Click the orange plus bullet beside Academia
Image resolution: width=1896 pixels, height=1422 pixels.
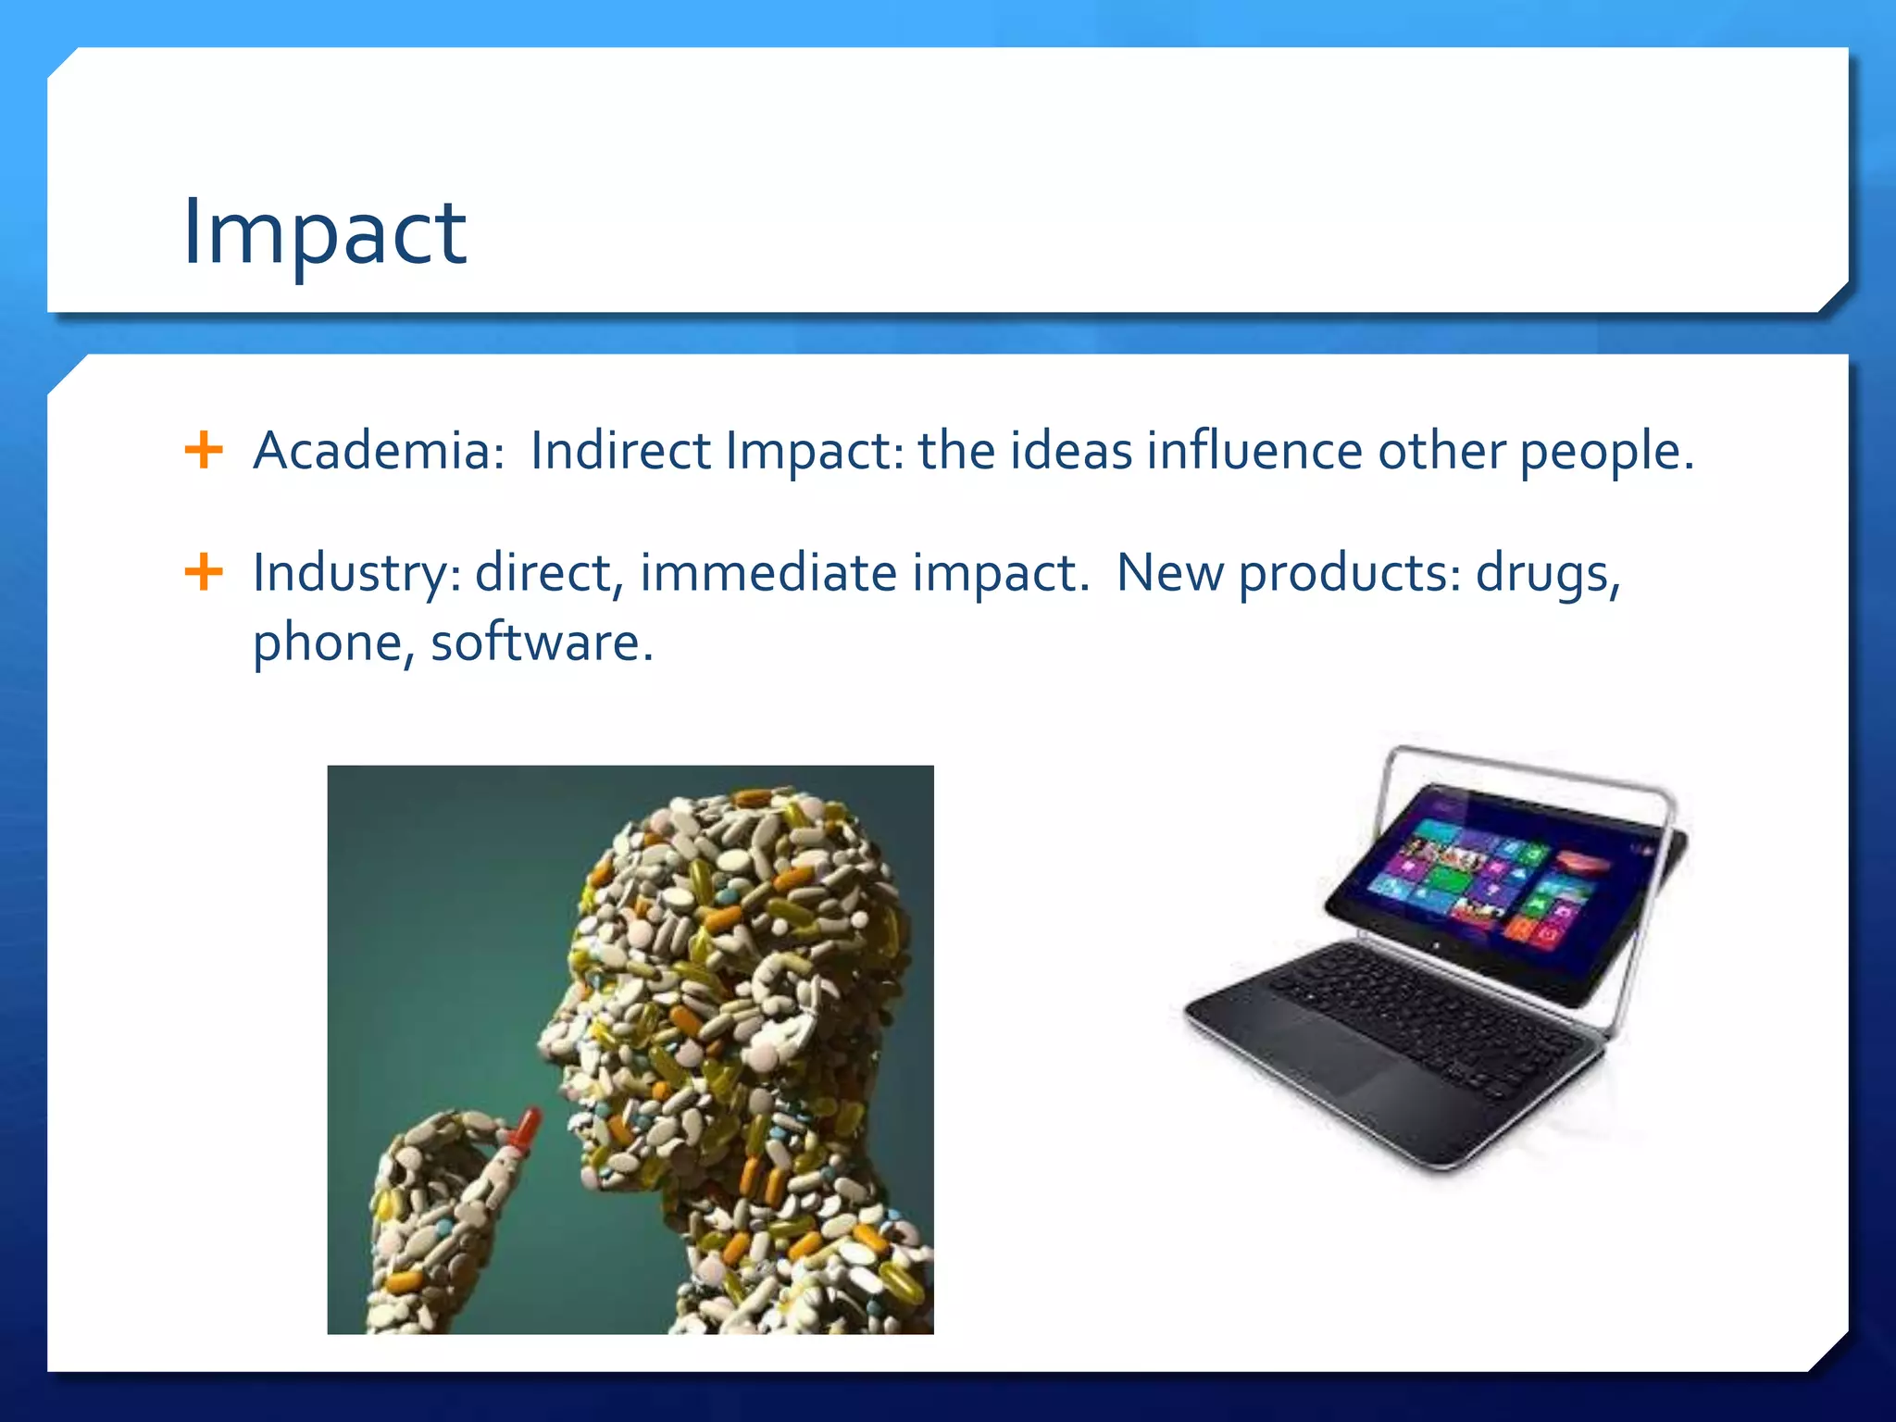pos(204,451)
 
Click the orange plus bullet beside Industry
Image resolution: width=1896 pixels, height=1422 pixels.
pos(204,572)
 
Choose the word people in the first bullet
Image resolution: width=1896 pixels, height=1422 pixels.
pos(1606,453)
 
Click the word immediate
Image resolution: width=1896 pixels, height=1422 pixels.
pos(767,572)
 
